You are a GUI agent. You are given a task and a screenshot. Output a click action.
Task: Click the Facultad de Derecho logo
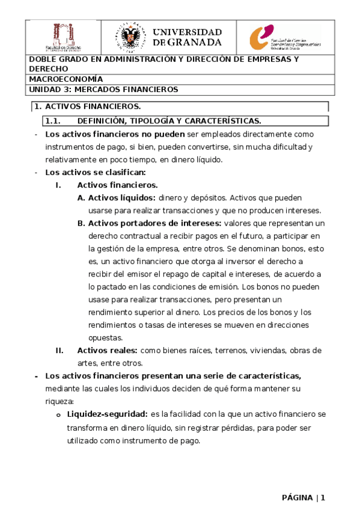click(x=64, y=37)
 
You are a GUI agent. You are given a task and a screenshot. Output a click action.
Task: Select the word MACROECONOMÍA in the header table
click(x=66, y=79)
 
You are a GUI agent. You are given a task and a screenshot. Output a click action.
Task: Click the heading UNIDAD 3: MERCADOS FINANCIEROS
click(x=103, y=89)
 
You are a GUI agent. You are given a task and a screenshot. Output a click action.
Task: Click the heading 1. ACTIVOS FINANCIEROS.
click(x=88, y=106)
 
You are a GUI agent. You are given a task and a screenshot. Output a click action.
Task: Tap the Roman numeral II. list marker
click(x=59, y=350)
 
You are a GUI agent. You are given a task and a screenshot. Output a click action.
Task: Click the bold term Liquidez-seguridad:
click(x=108, y=414)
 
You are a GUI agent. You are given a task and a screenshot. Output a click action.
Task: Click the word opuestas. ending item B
click(x=105, y=337)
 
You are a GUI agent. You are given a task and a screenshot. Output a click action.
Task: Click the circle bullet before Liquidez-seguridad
click(x=58, y=415)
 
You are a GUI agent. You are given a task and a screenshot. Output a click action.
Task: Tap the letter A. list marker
click(x=81, y=197)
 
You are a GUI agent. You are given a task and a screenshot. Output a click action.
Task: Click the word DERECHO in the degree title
click(x=48, y=69)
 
